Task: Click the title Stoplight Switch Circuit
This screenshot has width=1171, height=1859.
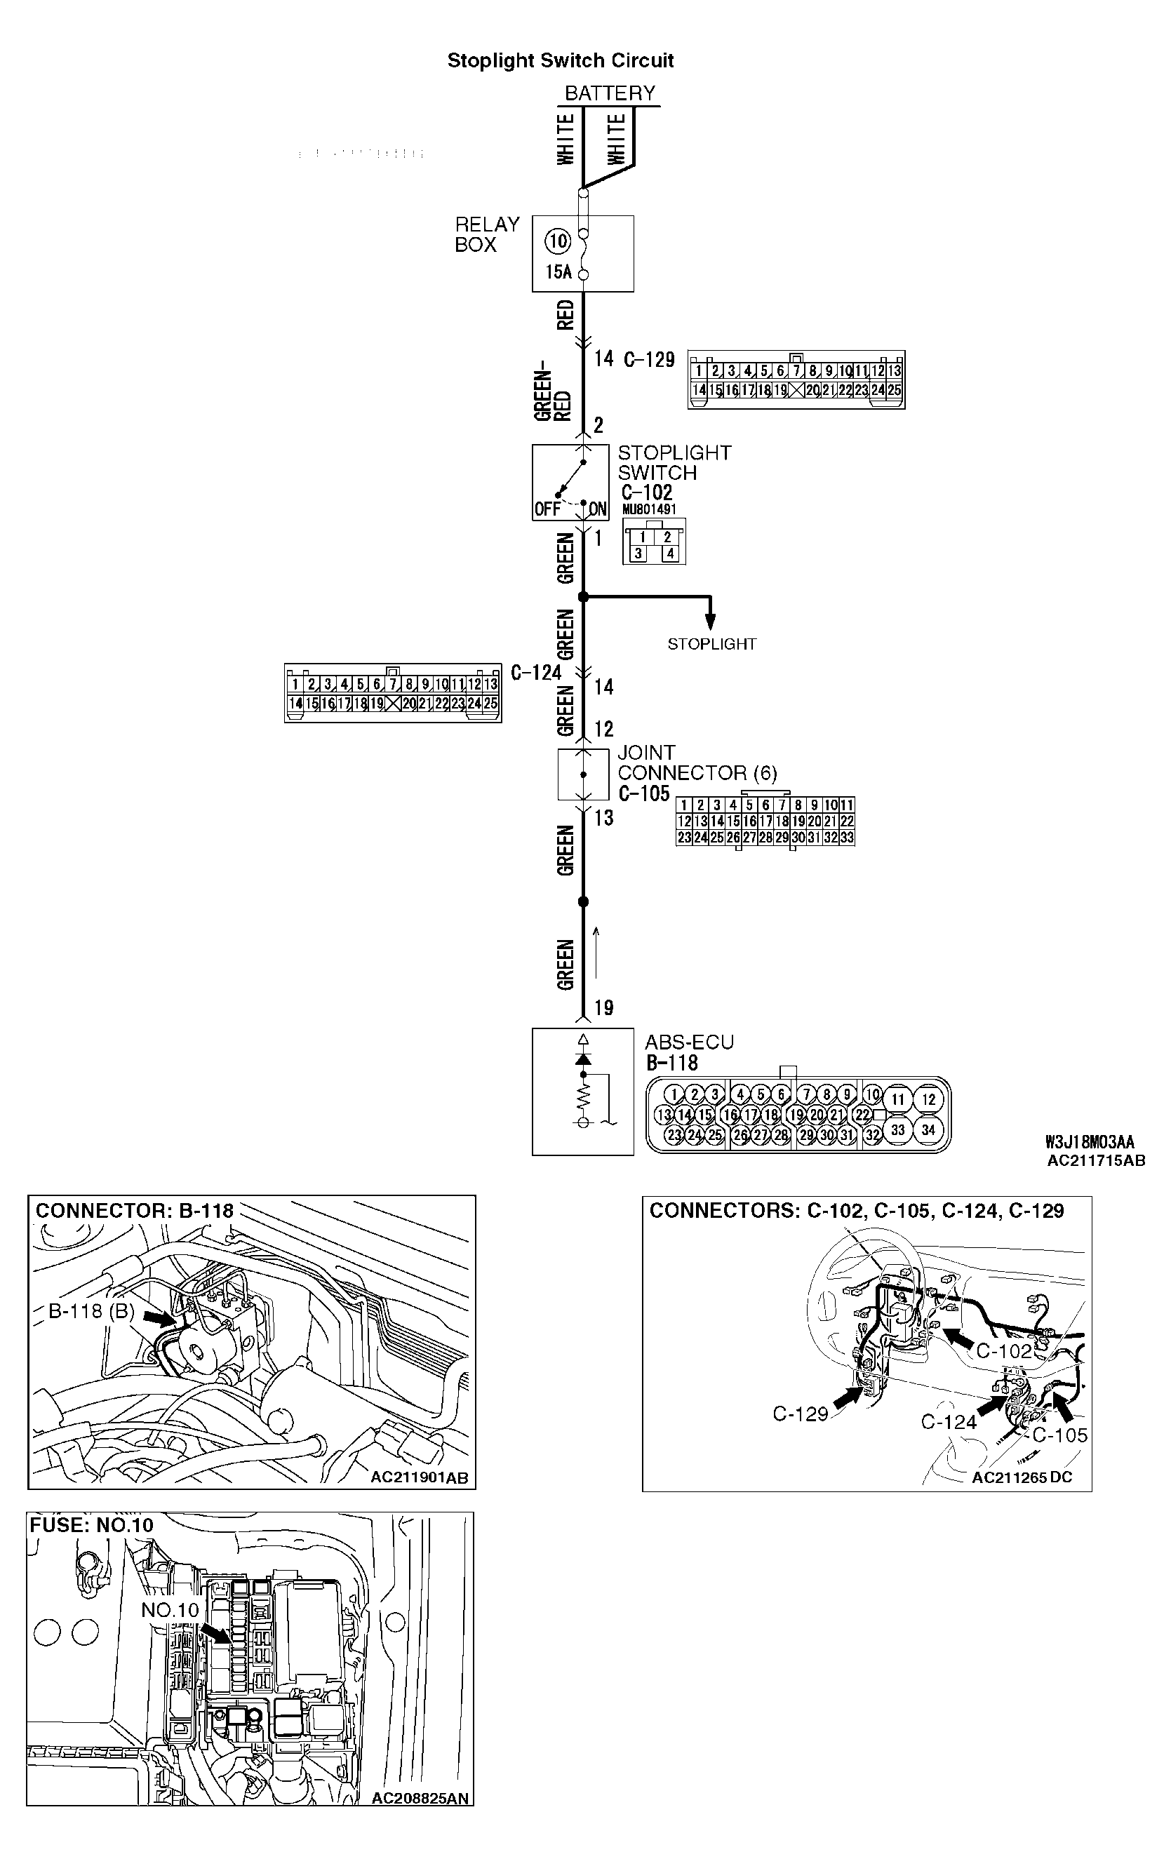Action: pyautogui.click(x=561, y=60)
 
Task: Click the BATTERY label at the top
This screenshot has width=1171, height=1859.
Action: pyautogui.click(x=609, y=93)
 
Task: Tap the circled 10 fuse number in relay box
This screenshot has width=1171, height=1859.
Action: pyautogui.click(x=557, y=241)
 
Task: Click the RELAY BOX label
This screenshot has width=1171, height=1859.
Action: pyautogui.click(x=486, y=235)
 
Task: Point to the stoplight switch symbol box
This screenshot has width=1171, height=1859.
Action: pyautogui.click(x=570, y=483)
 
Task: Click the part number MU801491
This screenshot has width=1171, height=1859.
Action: pyautogui.click(x=648, y=509)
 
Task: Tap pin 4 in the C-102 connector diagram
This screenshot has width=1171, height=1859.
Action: pyautogui.click(x=670, y=553)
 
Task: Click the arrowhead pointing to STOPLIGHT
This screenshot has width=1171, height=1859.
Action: pyautogui.click(x=710, y=622)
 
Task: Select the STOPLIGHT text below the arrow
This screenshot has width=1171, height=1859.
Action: pyautogui.click(x=711, y=644)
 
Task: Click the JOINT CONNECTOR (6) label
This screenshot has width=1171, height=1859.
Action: pyautogui.click(x=696, y=763)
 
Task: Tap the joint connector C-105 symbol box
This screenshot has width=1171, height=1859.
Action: pyautogui.click(x=583, y=774)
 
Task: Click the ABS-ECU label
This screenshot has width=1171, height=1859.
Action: pyautogui.click(x=689, y=1042)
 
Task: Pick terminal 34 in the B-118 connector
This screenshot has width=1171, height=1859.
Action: pyautogui.click(x=928, y=1129)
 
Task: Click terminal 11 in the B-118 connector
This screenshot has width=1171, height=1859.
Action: pyautogui.click(x=897, y=1099)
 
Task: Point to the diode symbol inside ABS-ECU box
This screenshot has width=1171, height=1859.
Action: pyautogui.click(x=584, y=1059)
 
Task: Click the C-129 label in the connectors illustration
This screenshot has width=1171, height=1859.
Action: pyautogui.click(x=800, y=1414)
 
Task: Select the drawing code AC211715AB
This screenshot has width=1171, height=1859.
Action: pyautogui.click(x=1096, y=1160)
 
